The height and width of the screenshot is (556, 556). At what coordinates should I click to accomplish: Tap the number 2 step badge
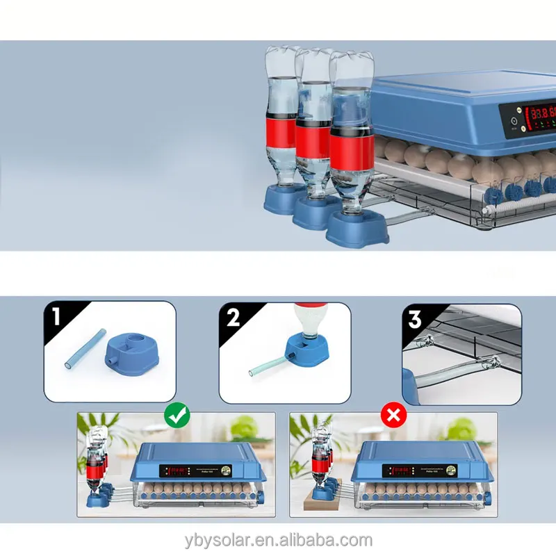click(232, 318)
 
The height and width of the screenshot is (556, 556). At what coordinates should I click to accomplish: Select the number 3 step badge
click(415, 320)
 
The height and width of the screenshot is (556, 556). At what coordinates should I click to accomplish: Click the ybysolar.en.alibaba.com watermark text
click(278, 540)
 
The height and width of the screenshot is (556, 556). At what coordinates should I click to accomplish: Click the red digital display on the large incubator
click(541, 114)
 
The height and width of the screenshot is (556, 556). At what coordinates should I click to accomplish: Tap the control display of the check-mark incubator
click(178, 471)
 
